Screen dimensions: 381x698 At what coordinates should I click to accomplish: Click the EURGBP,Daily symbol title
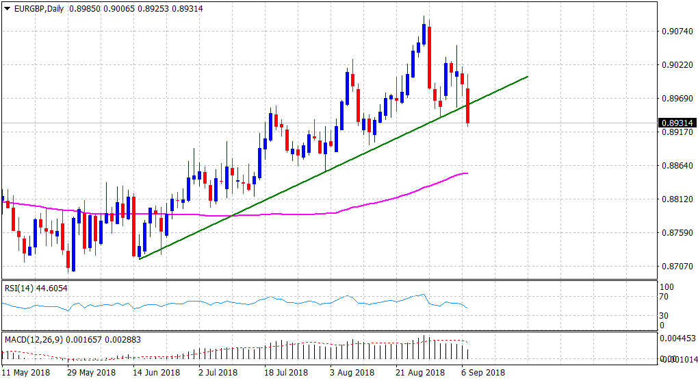click(x=37, y=8)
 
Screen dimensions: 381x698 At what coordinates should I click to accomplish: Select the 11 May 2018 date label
click(x=25, y=373)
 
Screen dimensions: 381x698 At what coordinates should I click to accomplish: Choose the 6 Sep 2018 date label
click(x=484, y=373)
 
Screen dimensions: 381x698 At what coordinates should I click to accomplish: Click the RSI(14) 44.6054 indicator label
click(x=36, y=288)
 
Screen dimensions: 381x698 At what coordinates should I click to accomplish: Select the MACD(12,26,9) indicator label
click(x=35, y=339)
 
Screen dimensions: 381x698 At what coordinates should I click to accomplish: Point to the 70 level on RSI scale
click(x=662, y=297)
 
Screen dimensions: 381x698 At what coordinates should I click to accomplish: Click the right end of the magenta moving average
click(x=468, y=173)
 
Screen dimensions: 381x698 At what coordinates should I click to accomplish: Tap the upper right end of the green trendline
click(x=528, y=77)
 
